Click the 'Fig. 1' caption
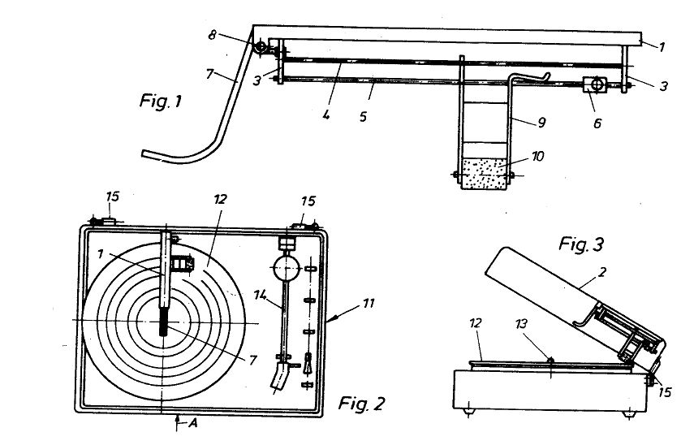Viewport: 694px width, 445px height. (160, 102)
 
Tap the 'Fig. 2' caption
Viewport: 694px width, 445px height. (361, 404)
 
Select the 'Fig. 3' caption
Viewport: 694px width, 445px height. (581, 244)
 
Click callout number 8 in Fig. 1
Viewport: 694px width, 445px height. (213, 35)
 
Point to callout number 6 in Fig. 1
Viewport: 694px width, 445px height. (597, 123)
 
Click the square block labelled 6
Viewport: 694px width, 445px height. (595, 84)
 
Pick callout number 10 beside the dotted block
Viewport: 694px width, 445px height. (538, 157)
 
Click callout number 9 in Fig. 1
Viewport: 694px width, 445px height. (541, 122)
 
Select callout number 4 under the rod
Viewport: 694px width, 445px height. (326, 115)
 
